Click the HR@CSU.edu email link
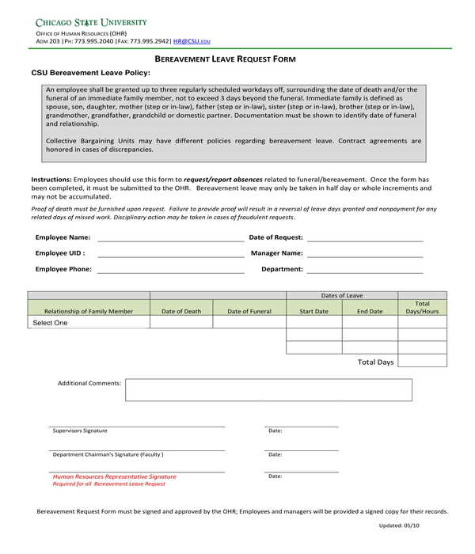(x=192, y=40)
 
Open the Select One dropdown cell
(x=89, y=323)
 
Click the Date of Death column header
(x=181, y=312)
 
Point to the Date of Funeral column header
(x=249, y=312)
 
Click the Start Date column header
(x=313, y=312)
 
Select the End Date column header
(x=370, y=312)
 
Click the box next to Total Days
(x=422, y=361)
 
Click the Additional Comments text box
(x=268, y=389)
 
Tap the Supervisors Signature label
(x=80, y=431)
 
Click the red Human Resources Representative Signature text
(x=115, y=477)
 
